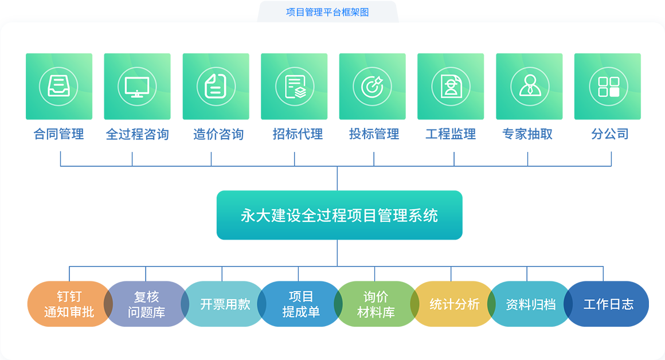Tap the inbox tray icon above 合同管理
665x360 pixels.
pyautogui.click(x=58, y=87)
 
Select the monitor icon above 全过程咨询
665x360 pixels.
pyautogui.click(x=137, y=87)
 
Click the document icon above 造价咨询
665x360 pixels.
pyautogui.click(x=216, y=87)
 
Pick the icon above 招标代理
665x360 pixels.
pyautogui.click(x=294, y=87)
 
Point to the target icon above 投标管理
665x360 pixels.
pyautogui.click(x=372, y=87)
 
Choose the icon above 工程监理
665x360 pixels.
pyautogui.click(x=451, y=87)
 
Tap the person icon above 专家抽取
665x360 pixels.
pyautogui.click(x=529, y=87)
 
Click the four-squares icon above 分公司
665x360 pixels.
pyautogui.click(x=608, y=87)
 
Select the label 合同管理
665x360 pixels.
pyautogui.click(x=58, y=134)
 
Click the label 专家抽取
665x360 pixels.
pyautogui.click(x=527, y=134)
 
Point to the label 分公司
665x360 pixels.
pyautogui.click(x=610, y=134)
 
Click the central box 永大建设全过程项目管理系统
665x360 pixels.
pyautogui.click(x=339, y=215)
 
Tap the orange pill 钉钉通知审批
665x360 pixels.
pyautogui.click(x=68, y=304)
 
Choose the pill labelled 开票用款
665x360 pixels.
pyautogui.click(x=224, y=304)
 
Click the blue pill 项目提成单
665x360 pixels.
pyautogui.click(x=300, y=304)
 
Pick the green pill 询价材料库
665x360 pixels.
pyautogui.click(x=375, y=304)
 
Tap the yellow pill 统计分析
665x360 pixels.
pyautogui.click(x=453, y=304)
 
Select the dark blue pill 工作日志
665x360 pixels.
pyautogui.click(x=608, y=304)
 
